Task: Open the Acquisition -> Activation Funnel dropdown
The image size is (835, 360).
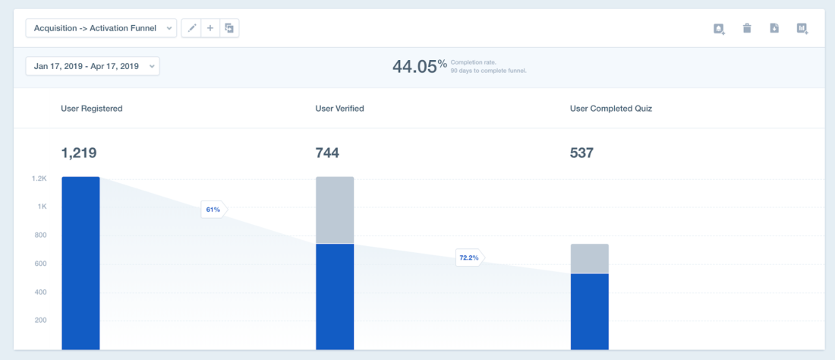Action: [x=101, y=28]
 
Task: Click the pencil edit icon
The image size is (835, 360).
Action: [x=191, y=28]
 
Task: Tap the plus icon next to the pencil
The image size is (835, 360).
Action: [x=210, y=28]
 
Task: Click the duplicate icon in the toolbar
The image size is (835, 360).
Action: [x=229, y=28]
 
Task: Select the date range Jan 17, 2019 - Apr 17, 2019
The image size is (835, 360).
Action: [x=93, y=66]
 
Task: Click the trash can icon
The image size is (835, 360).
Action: [x=747, y=29]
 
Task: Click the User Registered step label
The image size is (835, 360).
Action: [x=91, y=109]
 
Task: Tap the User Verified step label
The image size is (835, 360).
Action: [x=339, y=109]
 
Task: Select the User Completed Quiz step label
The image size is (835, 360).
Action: [x=610, y=109]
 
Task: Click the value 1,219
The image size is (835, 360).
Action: [x=78, y=153]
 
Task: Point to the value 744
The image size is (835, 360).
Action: [x=327, y=153]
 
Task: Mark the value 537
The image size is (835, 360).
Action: [x=581, y=153]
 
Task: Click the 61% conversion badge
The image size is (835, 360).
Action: [x=213, y=210]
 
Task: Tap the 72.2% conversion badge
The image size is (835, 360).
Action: [x=468, y=257]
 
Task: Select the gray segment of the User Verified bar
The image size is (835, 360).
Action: [x=335, y=210]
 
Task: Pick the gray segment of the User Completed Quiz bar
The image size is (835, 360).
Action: [x=590, y=258]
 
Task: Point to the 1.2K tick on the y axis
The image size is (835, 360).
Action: [x=39, y=178]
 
